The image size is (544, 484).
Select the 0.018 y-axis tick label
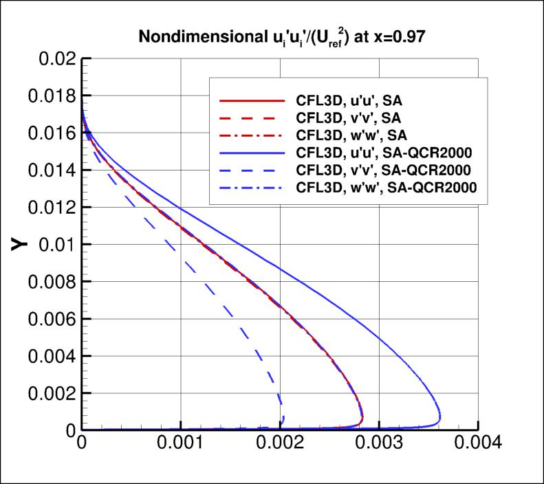[x=50, y=96]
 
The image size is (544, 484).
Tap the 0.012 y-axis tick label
[x=50, y=207]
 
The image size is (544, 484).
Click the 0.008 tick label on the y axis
[x=50, y=281]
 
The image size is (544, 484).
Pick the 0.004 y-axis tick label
[x=50, y=355]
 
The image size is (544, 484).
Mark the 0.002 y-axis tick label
[x=50, y=393]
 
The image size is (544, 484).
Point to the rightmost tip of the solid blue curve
[x=441, y=418]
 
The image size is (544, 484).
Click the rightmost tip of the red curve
[x=363, y=417]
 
